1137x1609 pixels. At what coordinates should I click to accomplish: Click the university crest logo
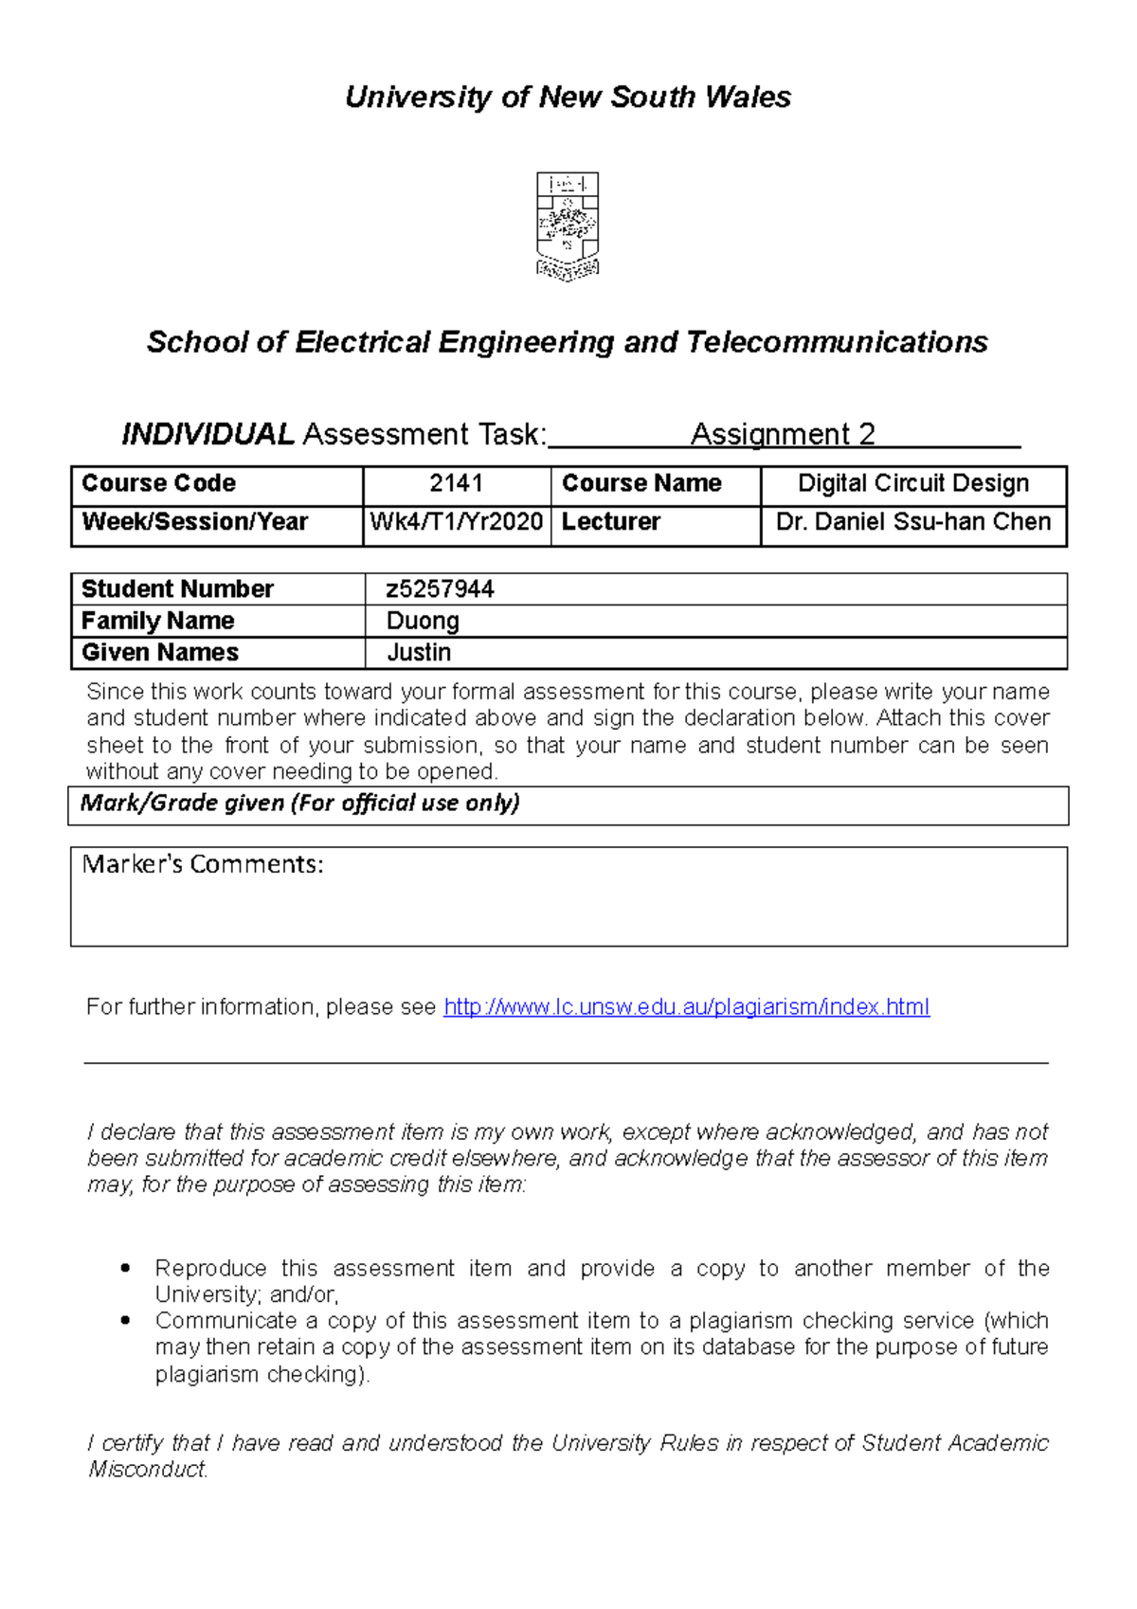tap(568, 226)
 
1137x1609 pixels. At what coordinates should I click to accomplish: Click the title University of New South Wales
tap(568, 97)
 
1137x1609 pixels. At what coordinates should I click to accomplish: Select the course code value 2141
tap(456, 483)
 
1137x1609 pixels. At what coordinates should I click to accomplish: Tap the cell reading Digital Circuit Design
tap(912, 483)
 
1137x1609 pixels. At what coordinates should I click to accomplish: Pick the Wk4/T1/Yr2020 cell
tap(456, 522)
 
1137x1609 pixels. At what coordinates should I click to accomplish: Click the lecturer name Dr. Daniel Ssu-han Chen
tap(912, 522)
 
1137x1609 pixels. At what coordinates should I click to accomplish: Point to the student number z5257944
tap(440, 589)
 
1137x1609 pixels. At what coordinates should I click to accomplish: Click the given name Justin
tap(419, 653)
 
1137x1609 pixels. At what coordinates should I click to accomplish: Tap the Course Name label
tap(641, 483)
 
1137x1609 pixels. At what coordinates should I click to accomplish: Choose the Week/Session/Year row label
tap(194, 522)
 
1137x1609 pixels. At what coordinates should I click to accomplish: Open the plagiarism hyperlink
tap(686, 1006)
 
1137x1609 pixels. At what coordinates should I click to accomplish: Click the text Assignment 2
tap(783, 434)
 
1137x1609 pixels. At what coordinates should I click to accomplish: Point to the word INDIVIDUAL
tap(208, 434)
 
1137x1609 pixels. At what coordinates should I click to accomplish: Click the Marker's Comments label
tap(203, 864)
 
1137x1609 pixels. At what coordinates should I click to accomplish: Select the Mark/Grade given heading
tap(299, 804)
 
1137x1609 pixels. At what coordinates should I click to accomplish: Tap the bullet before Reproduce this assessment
tap(125, 1268)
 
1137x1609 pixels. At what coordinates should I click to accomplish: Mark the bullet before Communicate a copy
tap(125, 1320)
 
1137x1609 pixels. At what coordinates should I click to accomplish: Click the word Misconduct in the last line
tap(148, 1470)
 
